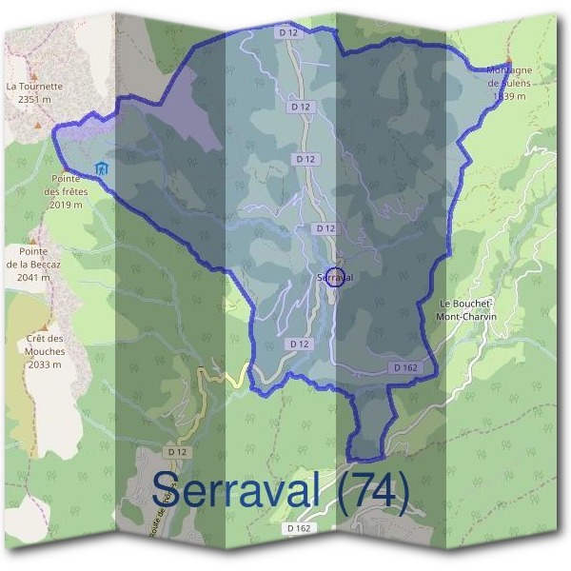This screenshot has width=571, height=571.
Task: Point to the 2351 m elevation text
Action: click(27, 98)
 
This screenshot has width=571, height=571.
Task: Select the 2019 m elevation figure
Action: click(66, 204)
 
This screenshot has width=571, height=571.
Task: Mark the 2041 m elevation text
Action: click(28, 277)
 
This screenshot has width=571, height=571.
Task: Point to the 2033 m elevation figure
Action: click(45, 364)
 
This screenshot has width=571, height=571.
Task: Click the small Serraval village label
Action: click(334, 277)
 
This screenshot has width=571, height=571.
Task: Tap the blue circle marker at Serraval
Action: click(334, 279)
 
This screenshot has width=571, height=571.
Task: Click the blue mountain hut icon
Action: click(102, 168)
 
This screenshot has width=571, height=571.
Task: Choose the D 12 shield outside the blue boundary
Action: click(175, 451)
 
